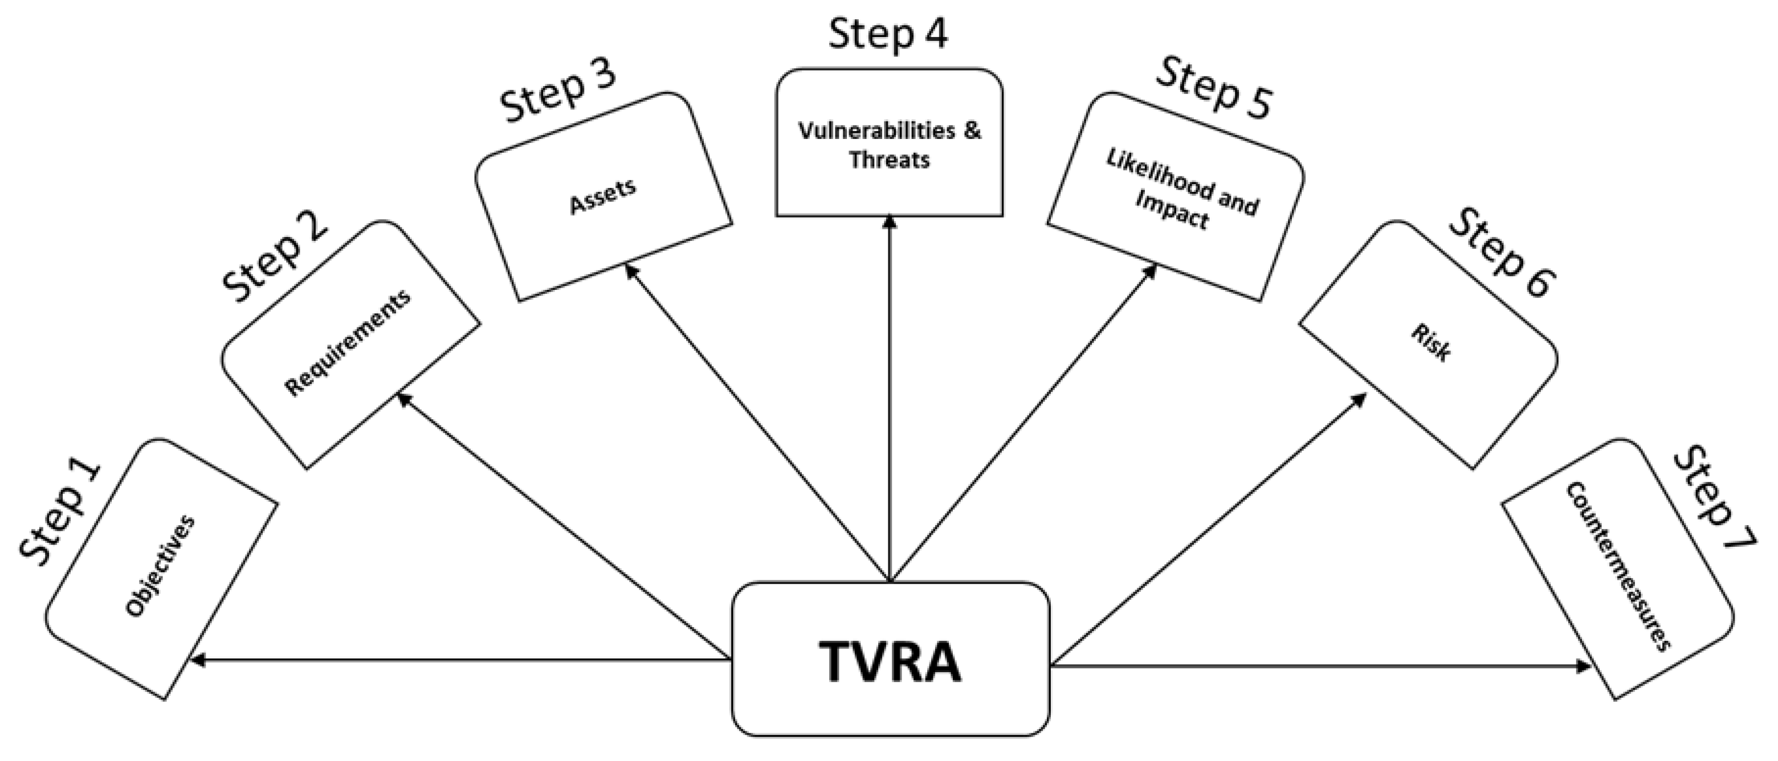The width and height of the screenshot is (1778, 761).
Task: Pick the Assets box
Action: (602, 197)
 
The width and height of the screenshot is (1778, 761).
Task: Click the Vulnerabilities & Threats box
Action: (889, 143)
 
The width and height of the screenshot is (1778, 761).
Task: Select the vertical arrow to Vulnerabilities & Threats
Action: (890, 400)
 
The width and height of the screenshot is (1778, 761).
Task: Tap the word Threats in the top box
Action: (889, 160)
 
